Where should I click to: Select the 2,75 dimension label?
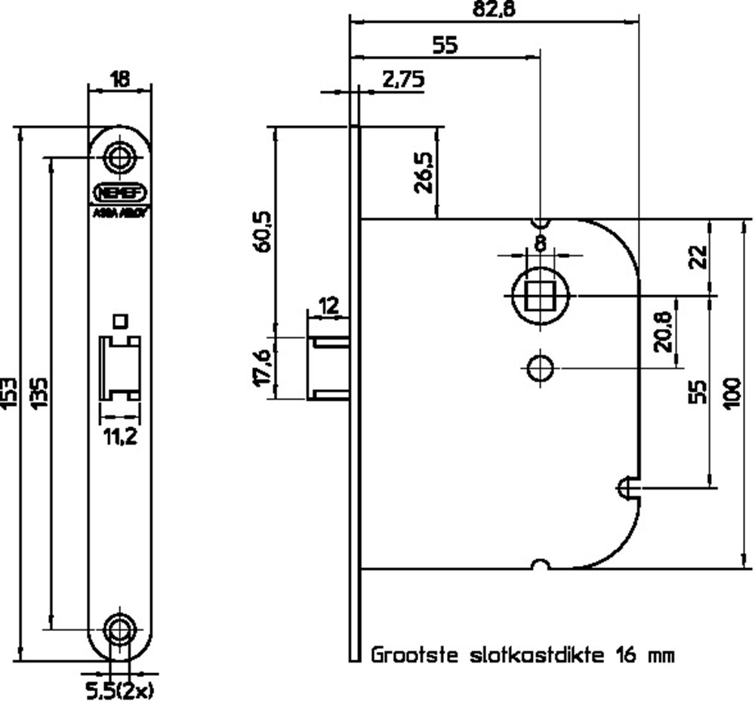coord(403,79)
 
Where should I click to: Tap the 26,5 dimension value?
coord(424,173)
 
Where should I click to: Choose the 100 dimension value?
coord(731,392)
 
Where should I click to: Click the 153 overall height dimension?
coord(9,392)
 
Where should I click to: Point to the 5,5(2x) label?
coord(121,688)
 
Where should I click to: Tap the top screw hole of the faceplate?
coord(120,158)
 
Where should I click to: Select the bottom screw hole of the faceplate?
coord(120,628)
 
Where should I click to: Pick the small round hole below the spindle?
coord(539,369)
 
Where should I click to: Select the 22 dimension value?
coord(698,257)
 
